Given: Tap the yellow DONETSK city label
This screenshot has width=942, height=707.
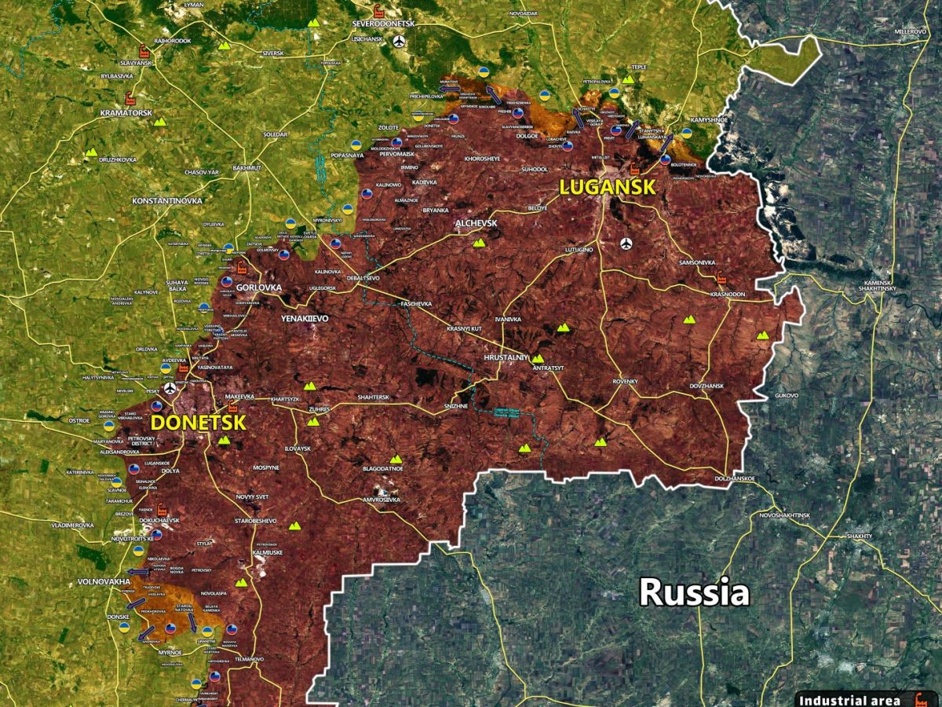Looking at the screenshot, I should click(198, 422).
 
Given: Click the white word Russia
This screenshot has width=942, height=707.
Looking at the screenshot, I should click(694, 592).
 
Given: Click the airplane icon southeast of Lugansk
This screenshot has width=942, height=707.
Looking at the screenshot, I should click(626, 244).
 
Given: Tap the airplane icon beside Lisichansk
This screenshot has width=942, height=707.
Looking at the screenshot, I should click(401, 42).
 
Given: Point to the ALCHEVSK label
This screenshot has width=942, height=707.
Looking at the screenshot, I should click(476, 224).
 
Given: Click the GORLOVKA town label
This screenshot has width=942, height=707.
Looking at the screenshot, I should click(258, 288).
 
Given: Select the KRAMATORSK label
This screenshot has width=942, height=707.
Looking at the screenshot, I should click(126, 113).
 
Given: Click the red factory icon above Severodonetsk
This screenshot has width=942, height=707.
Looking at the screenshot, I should click(378, 11).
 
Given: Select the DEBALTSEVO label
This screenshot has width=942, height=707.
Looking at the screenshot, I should click(363, 278).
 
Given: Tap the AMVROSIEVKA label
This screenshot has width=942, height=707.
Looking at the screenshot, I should click(382, 500).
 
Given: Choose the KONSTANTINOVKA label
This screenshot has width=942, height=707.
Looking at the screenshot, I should click(167, 202).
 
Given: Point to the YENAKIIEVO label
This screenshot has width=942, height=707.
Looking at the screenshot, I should click(305, 318).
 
